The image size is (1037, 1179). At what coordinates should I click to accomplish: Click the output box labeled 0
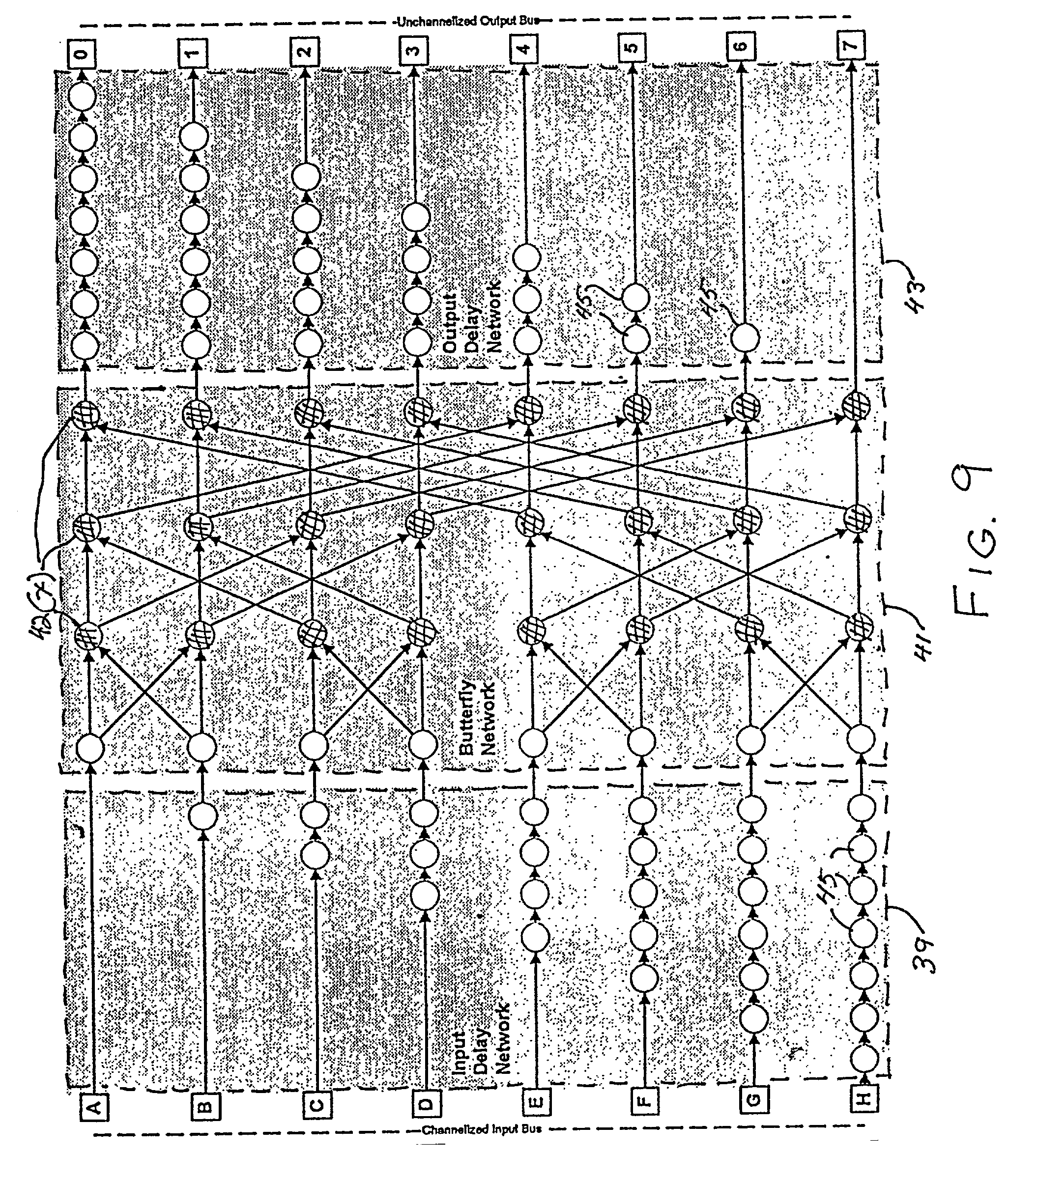(82, 56)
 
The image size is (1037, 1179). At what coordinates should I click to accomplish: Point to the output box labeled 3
(411, 50)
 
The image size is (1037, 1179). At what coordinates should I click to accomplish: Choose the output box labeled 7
(852, 43)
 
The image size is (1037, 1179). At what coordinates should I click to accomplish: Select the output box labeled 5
(632, 47)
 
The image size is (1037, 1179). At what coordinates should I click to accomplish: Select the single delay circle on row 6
(745, 339)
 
